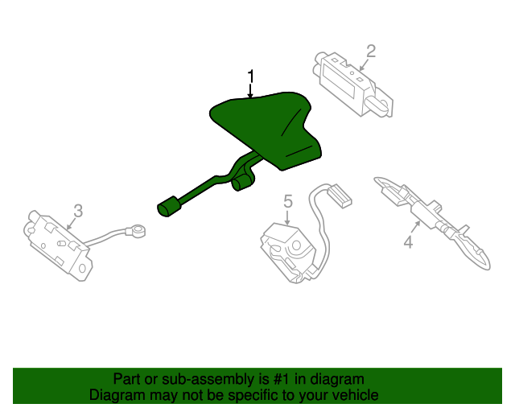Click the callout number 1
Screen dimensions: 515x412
251,76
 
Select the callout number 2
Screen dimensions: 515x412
371,51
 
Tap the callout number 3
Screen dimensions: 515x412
78,211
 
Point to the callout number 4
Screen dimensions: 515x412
408,242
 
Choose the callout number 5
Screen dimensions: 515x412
288,201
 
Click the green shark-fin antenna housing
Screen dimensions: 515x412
266,129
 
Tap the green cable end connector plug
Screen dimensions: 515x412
169,207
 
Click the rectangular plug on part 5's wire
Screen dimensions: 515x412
340,196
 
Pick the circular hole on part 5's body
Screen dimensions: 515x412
297,245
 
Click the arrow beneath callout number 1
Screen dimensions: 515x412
251,91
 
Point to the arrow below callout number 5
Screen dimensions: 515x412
288,217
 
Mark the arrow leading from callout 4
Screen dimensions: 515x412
416,227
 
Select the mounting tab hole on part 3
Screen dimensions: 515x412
82,269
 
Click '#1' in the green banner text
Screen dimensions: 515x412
282,379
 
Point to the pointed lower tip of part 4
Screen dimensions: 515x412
488,267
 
